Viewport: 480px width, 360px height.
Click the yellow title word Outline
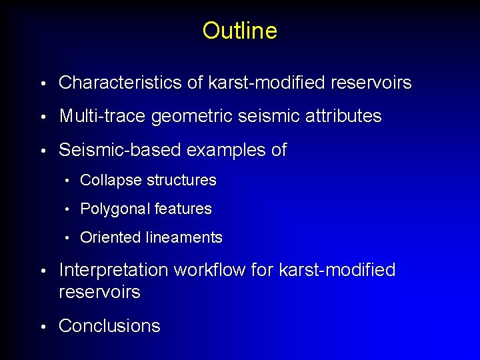point(239,31)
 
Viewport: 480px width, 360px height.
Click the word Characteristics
point(111,83)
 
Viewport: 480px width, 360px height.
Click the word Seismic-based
point(120,150)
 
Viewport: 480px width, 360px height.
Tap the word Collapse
point(111,180)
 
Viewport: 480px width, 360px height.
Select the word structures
point(181,180)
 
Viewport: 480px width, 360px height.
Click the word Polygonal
point(115,209)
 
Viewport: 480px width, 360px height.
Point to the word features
point(183,209)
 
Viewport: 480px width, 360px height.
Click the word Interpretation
point(113,271)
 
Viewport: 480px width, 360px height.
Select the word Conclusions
point(109,326)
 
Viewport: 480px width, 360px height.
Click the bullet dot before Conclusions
point(43,327)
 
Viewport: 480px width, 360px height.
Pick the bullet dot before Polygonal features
point(68,209)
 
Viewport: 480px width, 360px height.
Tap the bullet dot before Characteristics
point(43,84)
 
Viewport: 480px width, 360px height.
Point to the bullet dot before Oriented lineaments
point(68,238)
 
